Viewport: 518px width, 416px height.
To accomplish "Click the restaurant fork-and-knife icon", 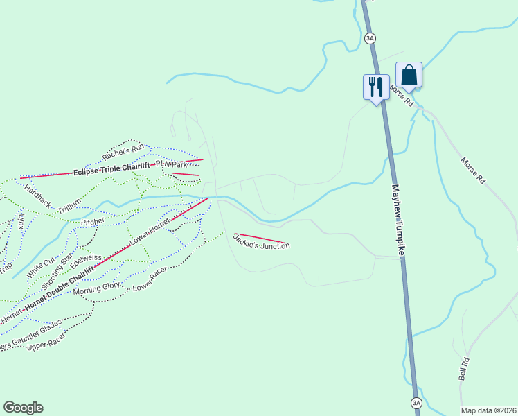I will [x=375, y=87].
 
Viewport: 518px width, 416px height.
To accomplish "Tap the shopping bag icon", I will [x=409, y=75].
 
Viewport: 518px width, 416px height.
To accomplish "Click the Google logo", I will [x=23, y=408].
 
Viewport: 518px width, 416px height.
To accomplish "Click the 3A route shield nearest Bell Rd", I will [x=416, y=402].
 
